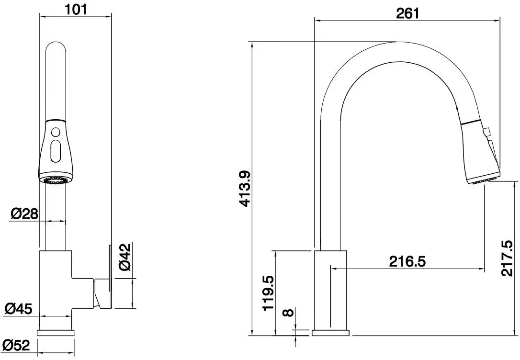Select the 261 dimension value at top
pyautogui.click(x=407, y=13)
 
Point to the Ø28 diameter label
pyautogui.click(x=23, y=214)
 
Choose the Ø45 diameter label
pyautogui.click(x=19, y=309)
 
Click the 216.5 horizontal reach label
pyautogui.click(x=407, y=261)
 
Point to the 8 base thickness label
pyautogui.click(x=287, y=314)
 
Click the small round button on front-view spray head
pyautogui.click(x=56, y=132)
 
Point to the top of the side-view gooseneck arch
pyautogui.click(x=397, y=52)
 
